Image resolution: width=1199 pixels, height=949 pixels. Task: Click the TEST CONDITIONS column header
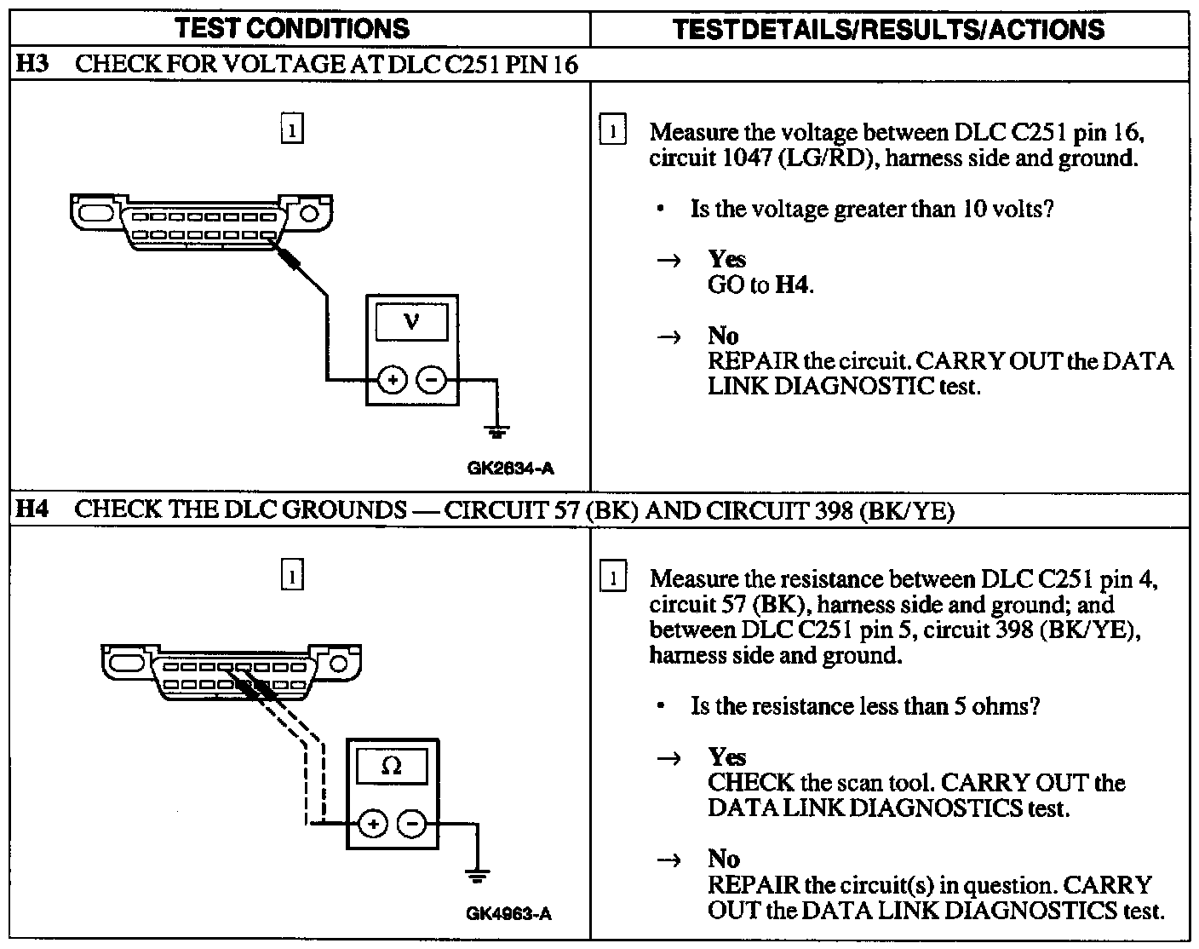click(292, 29)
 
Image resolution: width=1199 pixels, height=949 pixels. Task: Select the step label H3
click(32, 65)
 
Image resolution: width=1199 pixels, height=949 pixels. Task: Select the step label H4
click(32, 509)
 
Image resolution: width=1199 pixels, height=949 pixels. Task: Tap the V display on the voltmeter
click(412, 321)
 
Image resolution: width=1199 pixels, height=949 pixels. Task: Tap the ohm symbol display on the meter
click(392, 766)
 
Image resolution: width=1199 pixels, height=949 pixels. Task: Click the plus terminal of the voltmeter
click(392, 380)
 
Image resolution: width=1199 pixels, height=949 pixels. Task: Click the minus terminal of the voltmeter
click(433, 380)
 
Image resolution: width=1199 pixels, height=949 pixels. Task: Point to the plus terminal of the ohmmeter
click(372, 824)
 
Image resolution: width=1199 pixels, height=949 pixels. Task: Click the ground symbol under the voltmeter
click(497, 430)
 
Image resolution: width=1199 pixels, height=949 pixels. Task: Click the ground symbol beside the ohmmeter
click(478, 875)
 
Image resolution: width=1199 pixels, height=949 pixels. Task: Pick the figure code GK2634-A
click(512, 468)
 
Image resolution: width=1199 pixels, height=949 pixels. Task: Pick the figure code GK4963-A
click(509, 914)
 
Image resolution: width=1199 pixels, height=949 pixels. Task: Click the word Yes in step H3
click(726, 259)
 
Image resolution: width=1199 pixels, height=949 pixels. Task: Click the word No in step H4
click(723, 859)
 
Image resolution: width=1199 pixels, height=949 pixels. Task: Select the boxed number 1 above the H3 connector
click(291, 130)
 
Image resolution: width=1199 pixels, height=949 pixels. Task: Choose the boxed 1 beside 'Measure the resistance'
click(613, 578)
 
